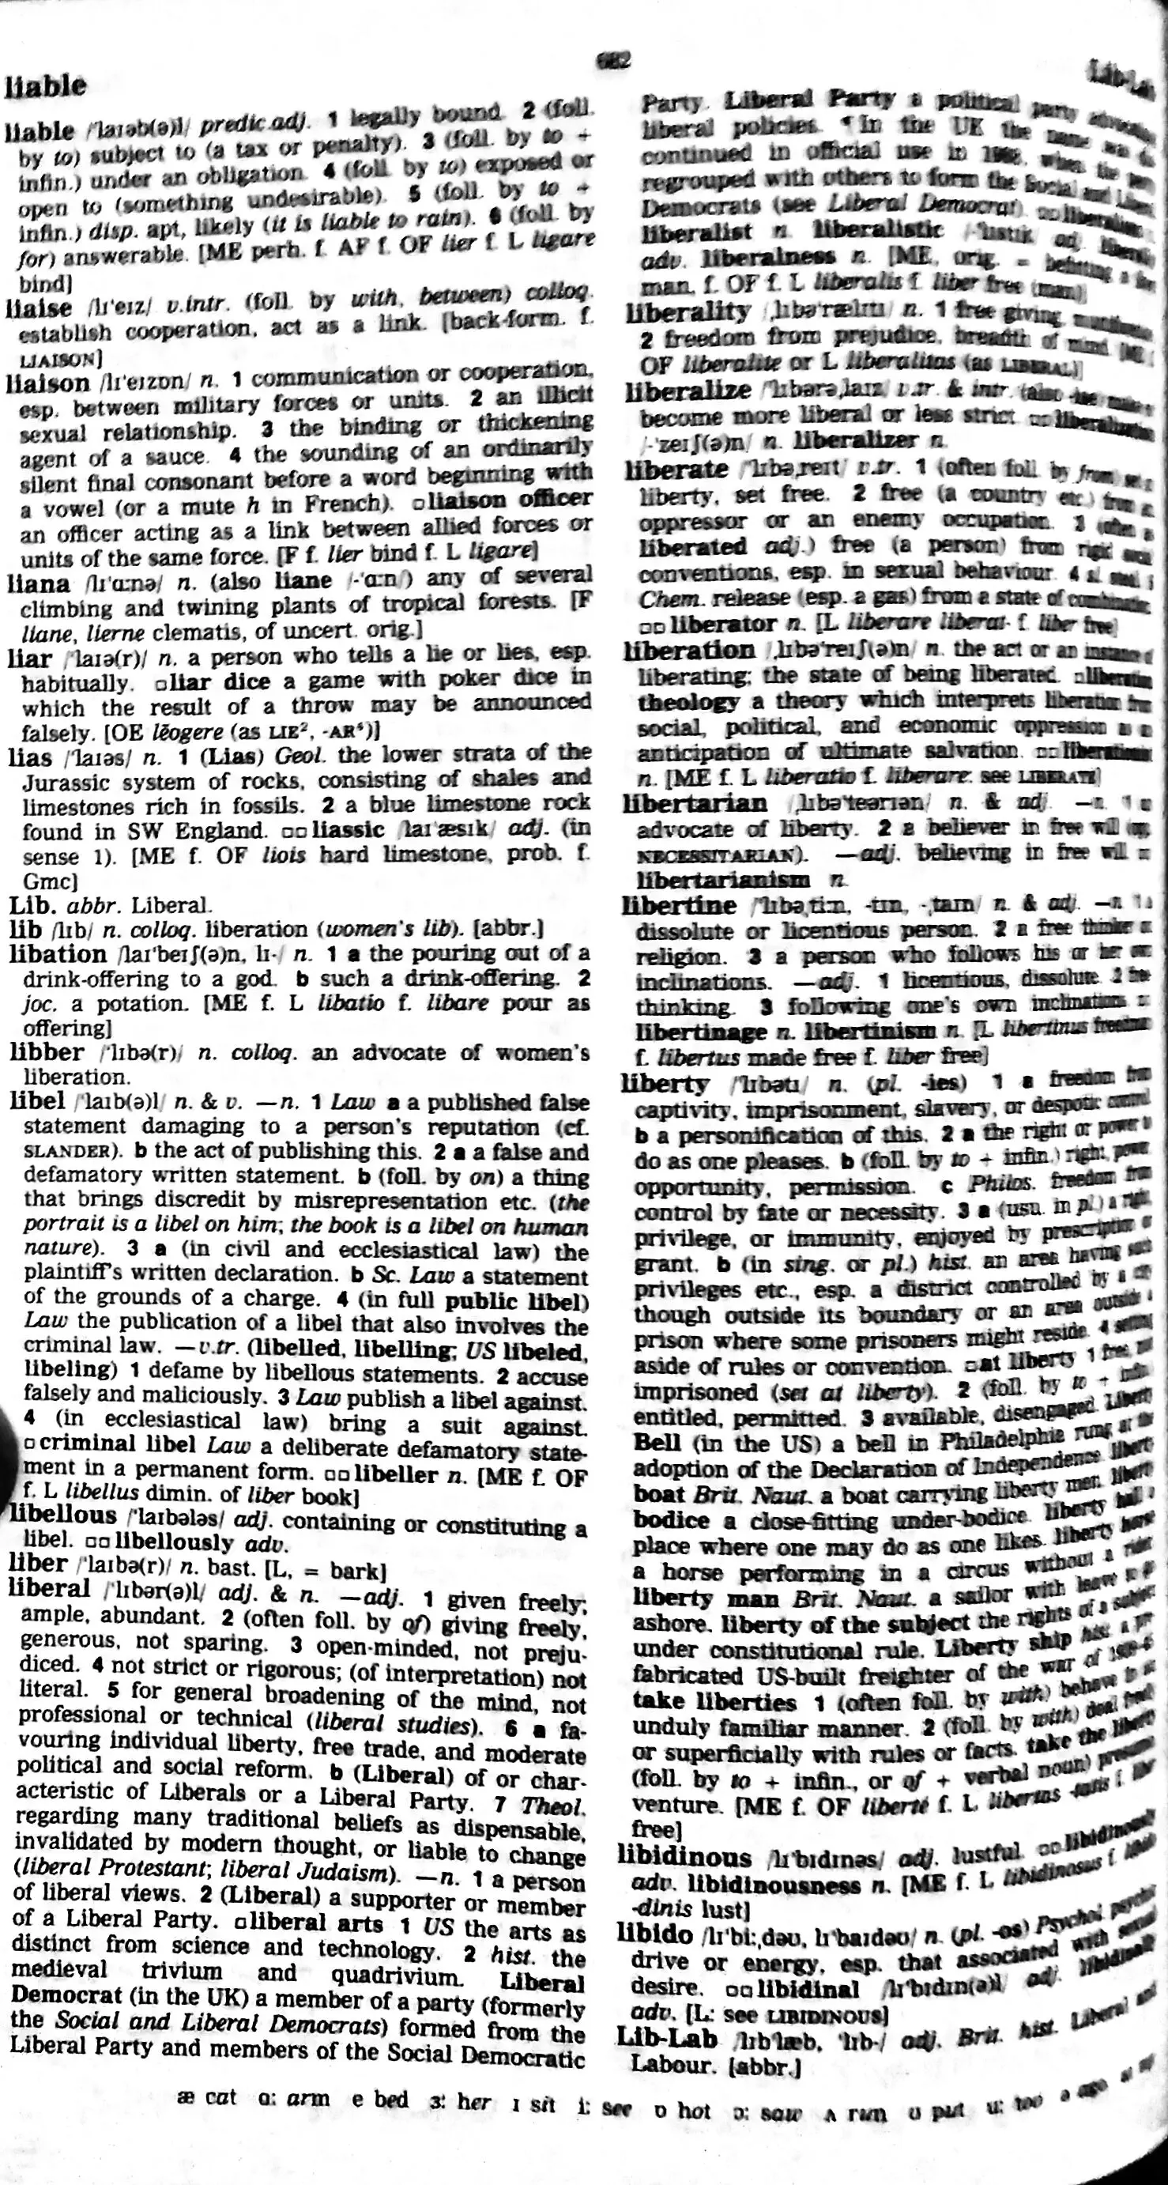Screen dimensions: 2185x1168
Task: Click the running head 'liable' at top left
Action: point(46,85)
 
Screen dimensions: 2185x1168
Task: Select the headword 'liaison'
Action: point(47,383)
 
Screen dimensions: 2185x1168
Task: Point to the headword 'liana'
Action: point(39,583)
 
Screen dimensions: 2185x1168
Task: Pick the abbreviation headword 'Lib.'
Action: point(32,905)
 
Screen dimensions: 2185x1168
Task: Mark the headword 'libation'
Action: point(58,953)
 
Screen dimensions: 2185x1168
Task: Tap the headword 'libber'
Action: point(47,1053)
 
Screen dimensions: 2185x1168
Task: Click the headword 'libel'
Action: point(37,1101)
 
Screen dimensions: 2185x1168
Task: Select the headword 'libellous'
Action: point(62,1515)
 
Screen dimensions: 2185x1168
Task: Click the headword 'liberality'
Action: point(687,313)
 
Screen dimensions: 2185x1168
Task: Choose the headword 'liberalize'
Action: point(688,391)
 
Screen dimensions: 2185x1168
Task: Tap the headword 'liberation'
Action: point(689,651)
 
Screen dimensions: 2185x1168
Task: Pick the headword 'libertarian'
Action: point(694,802)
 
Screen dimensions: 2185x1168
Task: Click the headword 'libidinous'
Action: point(684,1857)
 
